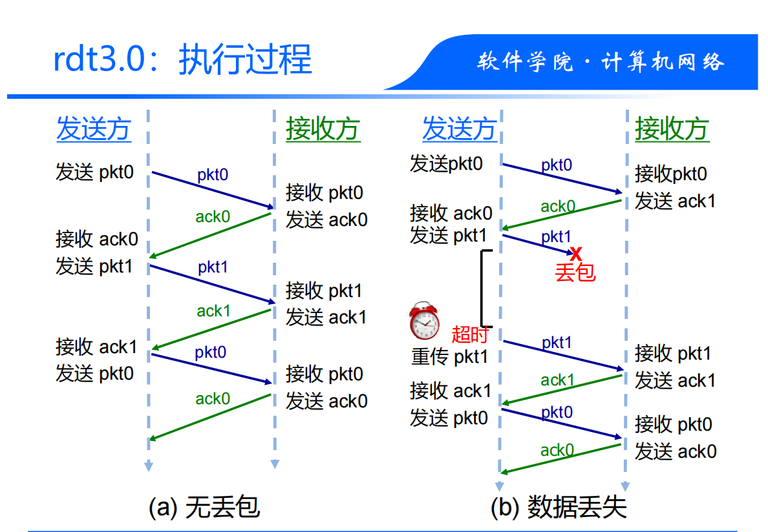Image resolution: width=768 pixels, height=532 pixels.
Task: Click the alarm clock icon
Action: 423,320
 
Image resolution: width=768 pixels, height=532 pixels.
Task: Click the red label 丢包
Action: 575,272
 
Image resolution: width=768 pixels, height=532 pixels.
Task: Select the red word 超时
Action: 469,334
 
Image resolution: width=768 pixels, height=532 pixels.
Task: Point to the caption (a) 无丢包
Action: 204,507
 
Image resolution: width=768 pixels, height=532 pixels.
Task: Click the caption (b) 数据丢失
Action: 559,507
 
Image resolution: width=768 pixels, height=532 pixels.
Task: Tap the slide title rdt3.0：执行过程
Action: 182,60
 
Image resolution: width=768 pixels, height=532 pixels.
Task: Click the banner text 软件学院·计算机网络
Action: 601,62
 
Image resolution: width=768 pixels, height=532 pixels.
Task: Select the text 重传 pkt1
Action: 450,356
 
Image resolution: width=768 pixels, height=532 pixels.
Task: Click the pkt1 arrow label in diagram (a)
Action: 213,267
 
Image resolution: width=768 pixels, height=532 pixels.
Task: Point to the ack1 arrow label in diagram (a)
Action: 213,311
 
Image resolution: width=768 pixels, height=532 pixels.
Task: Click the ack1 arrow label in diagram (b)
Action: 557,380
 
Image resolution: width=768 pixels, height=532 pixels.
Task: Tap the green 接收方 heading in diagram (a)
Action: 323,129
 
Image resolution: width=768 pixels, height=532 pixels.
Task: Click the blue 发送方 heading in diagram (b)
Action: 459,129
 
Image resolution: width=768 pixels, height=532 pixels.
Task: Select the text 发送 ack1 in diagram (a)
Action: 326,317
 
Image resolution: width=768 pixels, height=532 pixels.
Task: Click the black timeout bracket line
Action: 482,289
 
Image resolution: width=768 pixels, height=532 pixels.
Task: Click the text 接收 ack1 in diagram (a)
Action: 96,347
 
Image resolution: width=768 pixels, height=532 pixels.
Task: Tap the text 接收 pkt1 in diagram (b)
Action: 673,353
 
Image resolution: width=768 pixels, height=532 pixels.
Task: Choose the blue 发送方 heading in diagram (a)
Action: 94,129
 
